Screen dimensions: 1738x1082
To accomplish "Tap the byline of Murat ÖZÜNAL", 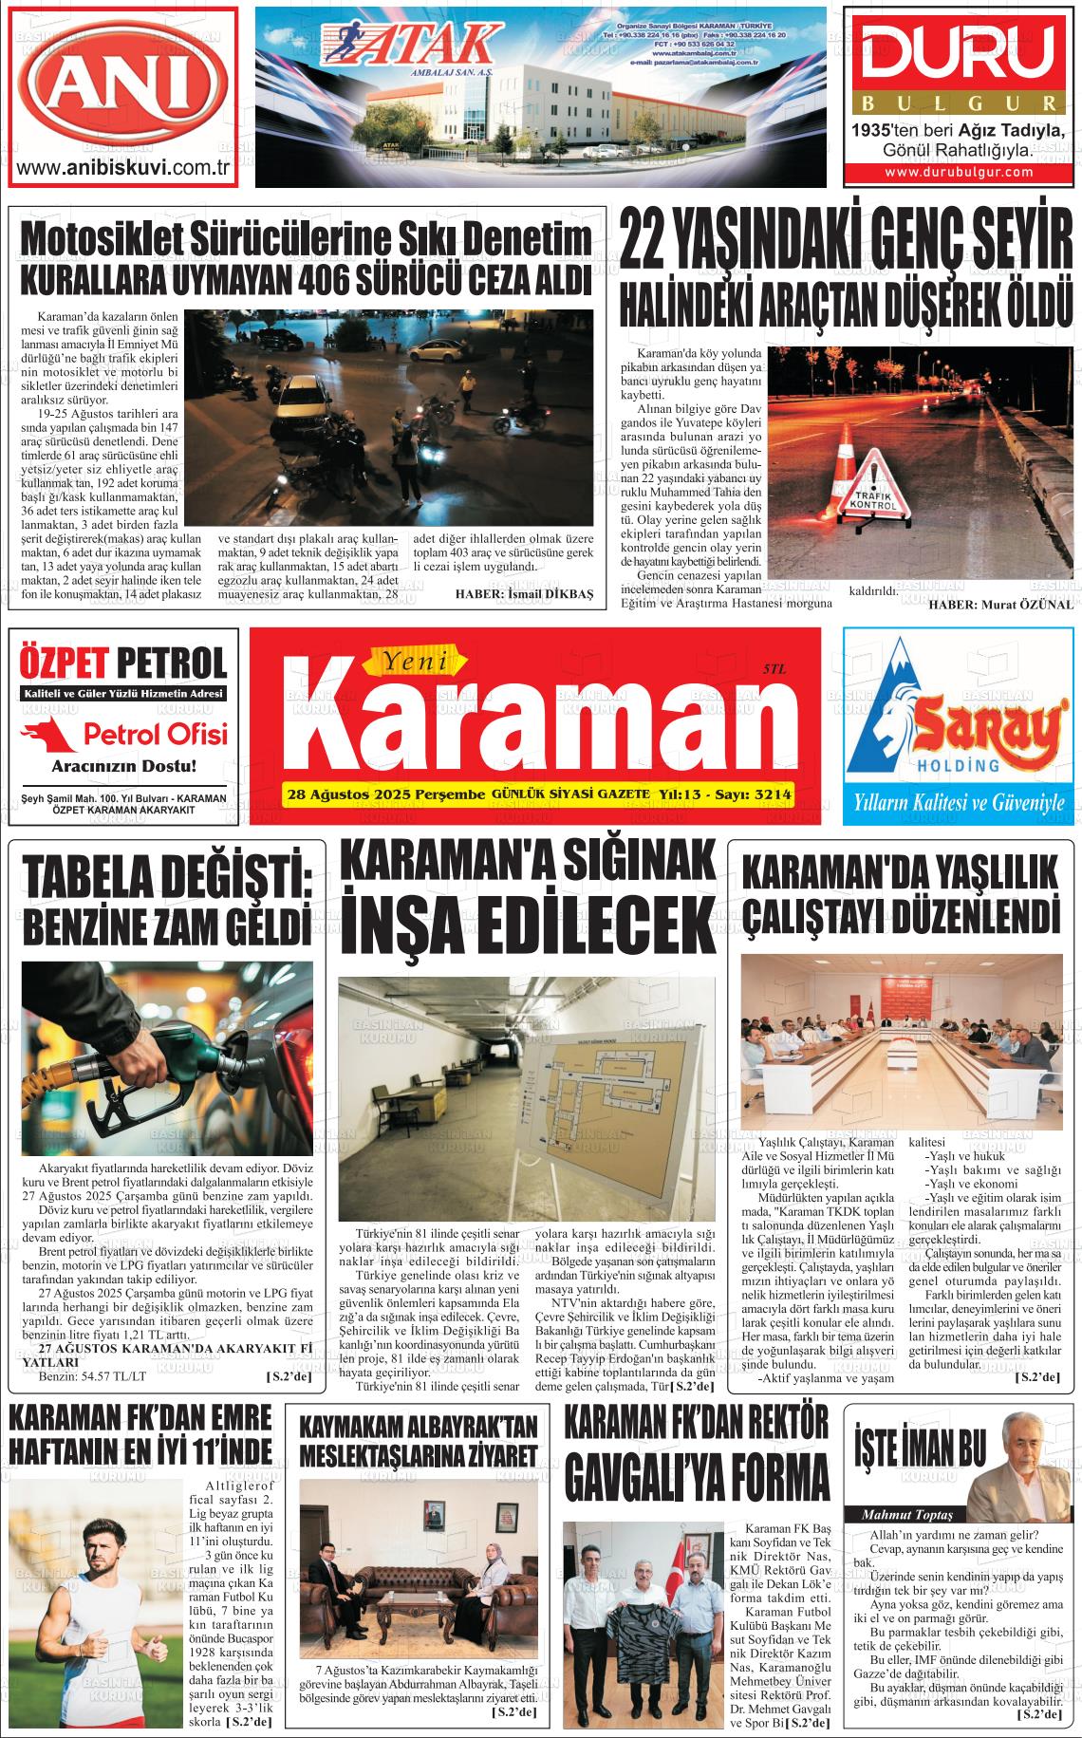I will point(1000,604).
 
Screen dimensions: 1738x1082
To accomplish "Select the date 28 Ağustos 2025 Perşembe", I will point(384,794).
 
